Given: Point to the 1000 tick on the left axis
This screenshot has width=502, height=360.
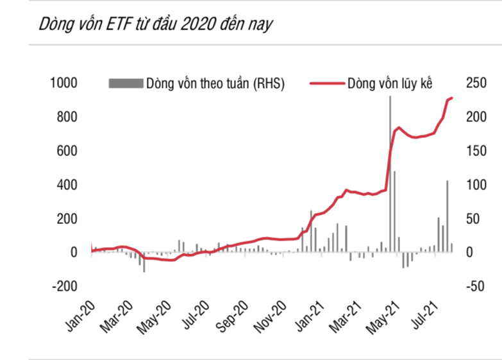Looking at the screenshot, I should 64,83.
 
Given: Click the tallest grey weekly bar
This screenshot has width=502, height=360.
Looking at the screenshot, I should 390,173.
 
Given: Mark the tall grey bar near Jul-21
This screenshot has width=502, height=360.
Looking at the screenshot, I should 447,216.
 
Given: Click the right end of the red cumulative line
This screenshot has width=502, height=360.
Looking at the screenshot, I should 452,98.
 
